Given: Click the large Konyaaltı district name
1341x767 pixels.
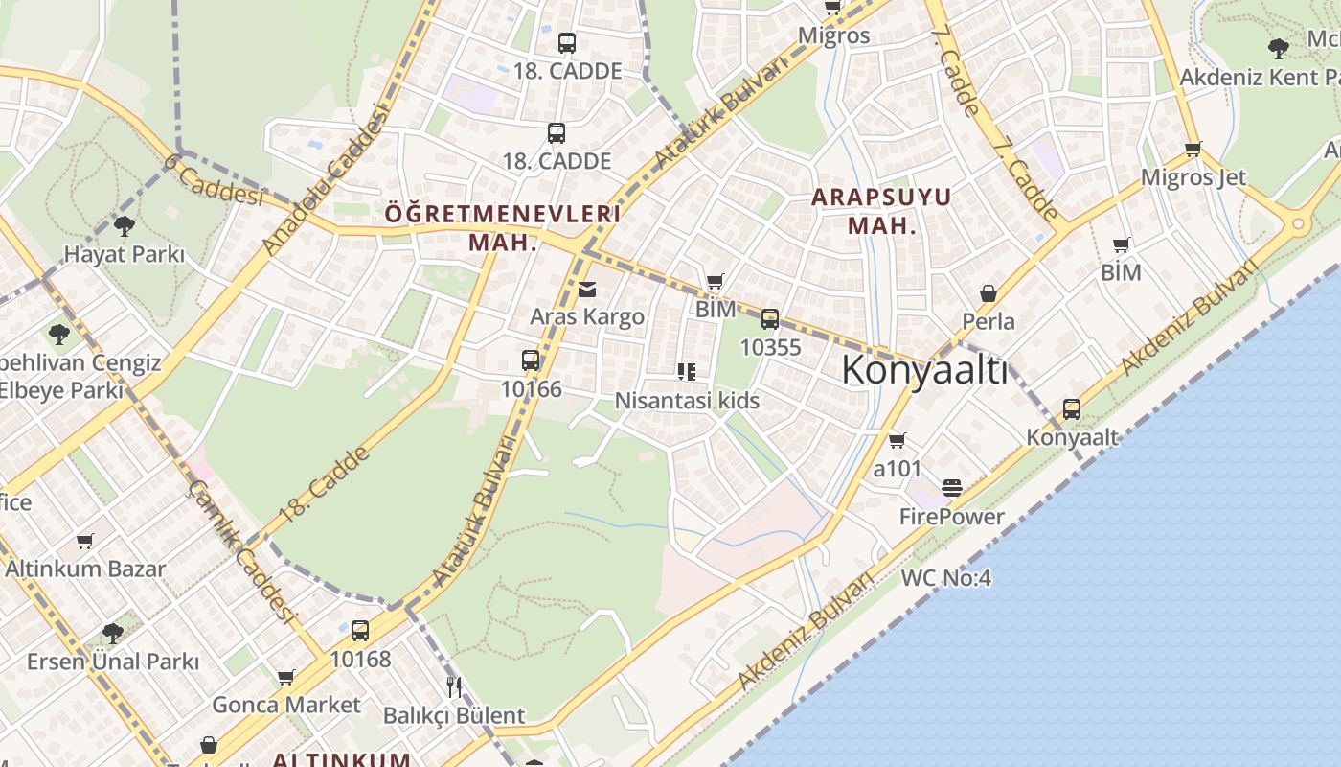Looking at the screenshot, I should (x=924, y=370).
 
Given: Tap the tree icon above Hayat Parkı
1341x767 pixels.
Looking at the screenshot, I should (x=124, y=226).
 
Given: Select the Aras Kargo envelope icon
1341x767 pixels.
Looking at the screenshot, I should (x=587, y=289).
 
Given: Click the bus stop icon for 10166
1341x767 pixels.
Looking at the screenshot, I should (x=531, y=360).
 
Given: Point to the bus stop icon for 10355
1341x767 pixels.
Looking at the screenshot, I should (x=770, y=319).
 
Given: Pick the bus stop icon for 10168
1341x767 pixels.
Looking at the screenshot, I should (x=360, y=631).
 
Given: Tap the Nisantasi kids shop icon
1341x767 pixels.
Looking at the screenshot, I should (x=686, y=372).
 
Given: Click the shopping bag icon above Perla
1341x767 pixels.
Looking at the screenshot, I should (x=988, y=293).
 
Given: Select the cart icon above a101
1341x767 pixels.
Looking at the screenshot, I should (x=897, y=440).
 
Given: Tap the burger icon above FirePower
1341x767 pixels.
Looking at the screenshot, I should (x=951, y=488).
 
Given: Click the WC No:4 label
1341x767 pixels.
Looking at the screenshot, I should (x=945, y=578).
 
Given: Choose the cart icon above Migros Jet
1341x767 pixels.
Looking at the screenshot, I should (x=1193, y=149).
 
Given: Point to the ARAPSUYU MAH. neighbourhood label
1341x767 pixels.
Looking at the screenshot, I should (x=880, y=212).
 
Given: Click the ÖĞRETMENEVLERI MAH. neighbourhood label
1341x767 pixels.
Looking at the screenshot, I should (x=503, y=227).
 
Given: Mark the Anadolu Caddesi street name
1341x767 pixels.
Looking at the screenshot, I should (x=327, y=180).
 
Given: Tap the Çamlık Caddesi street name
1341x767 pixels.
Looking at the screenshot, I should (x=239, y=550).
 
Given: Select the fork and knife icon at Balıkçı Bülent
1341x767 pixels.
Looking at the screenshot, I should (x=454, y=686).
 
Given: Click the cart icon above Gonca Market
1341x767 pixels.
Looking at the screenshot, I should (x=285, y=678).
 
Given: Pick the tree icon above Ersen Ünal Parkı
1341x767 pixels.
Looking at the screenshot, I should (x=113, y=633).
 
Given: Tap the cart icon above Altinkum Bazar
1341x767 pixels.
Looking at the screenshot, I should (x=85, y=541).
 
